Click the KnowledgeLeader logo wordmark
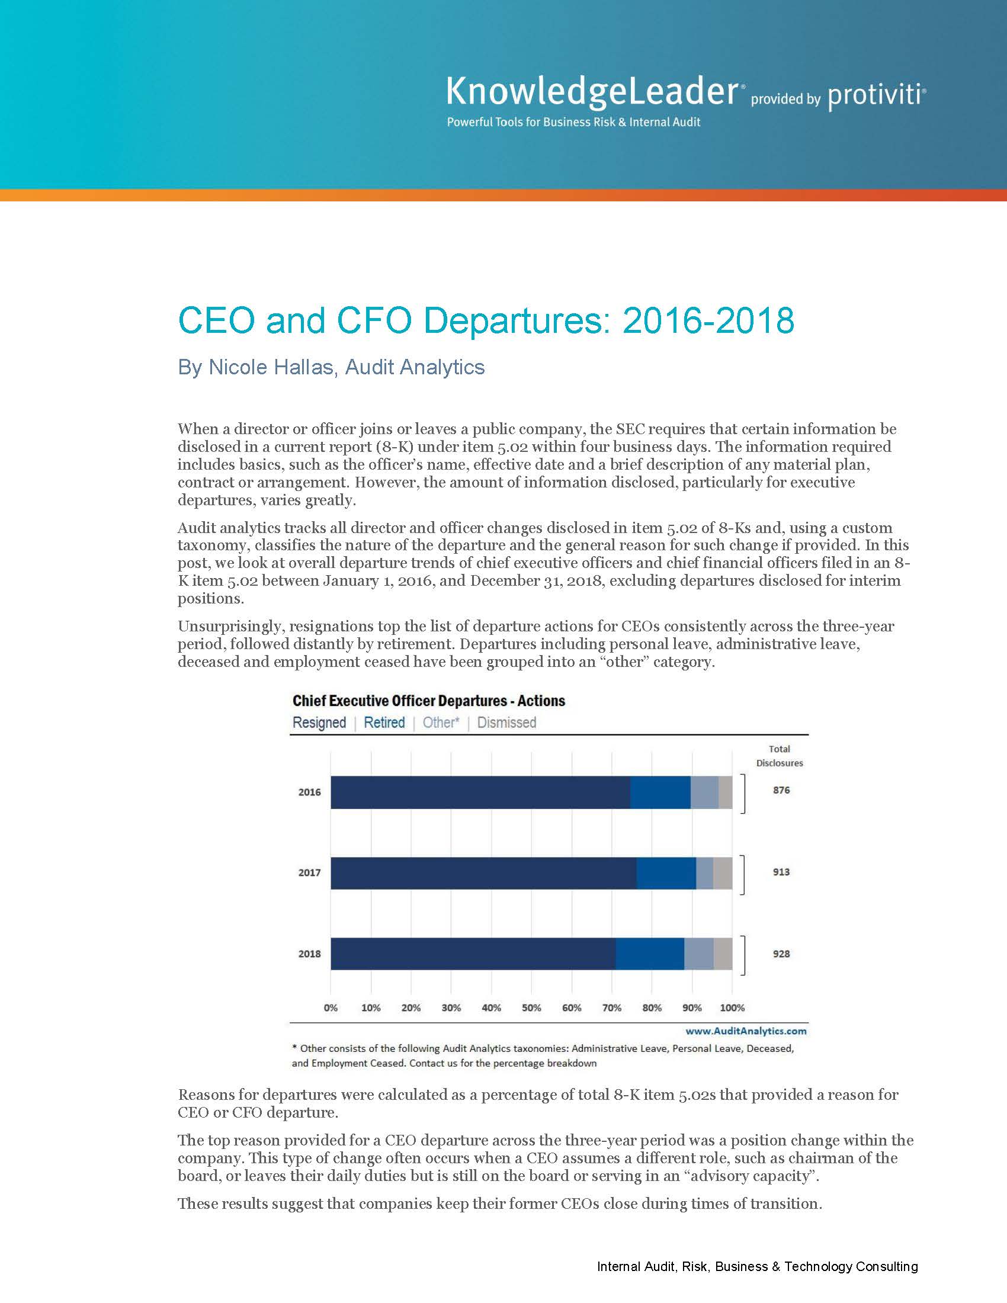592,93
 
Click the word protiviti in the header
875,95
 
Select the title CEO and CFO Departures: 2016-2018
486,320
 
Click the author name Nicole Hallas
270,367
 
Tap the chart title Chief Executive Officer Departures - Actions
428,701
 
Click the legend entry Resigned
319,723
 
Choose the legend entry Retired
384,723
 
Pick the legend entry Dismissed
506,723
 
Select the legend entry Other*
441,723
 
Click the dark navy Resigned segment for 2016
480,792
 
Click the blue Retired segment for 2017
666,873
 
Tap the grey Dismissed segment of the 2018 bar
723,954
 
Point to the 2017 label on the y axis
309,873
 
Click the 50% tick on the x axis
531,1007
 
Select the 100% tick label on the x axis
732,1007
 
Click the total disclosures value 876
781,790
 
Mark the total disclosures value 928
781,954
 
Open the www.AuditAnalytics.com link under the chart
746,1031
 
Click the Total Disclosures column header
779,756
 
